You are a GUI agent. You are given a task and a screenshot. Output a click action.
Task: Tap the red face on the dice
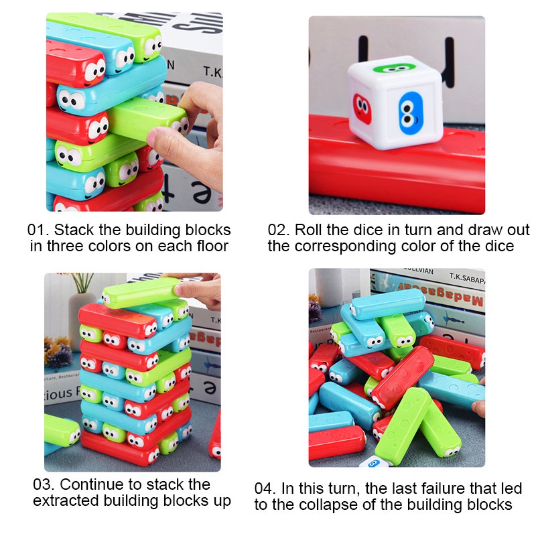coord(362,109)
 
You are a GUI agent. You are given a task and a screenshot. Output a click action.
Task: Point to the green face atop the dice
coord(394,68)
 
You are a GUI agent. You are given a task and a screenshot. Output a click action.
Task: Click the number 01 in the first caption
coord(37,230)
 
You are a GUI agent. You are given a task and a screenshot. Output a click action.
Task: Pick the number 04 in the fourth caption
coord(265,488)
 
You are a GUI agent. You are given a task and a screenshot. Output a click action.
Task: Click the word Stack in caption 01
coord(74,230)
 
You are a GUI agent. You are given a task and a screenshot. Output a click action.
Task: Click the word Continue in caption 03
coord(92,484)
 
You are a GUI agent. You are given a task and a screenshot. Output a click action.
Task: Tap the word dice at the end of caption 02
coord(500,246)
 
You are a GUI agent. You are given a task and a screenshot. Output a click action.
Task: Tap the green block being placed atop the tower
coord(141,292)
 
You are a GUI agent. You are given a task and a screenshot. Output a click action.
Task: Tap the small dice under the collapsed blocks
coord(375,462)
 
